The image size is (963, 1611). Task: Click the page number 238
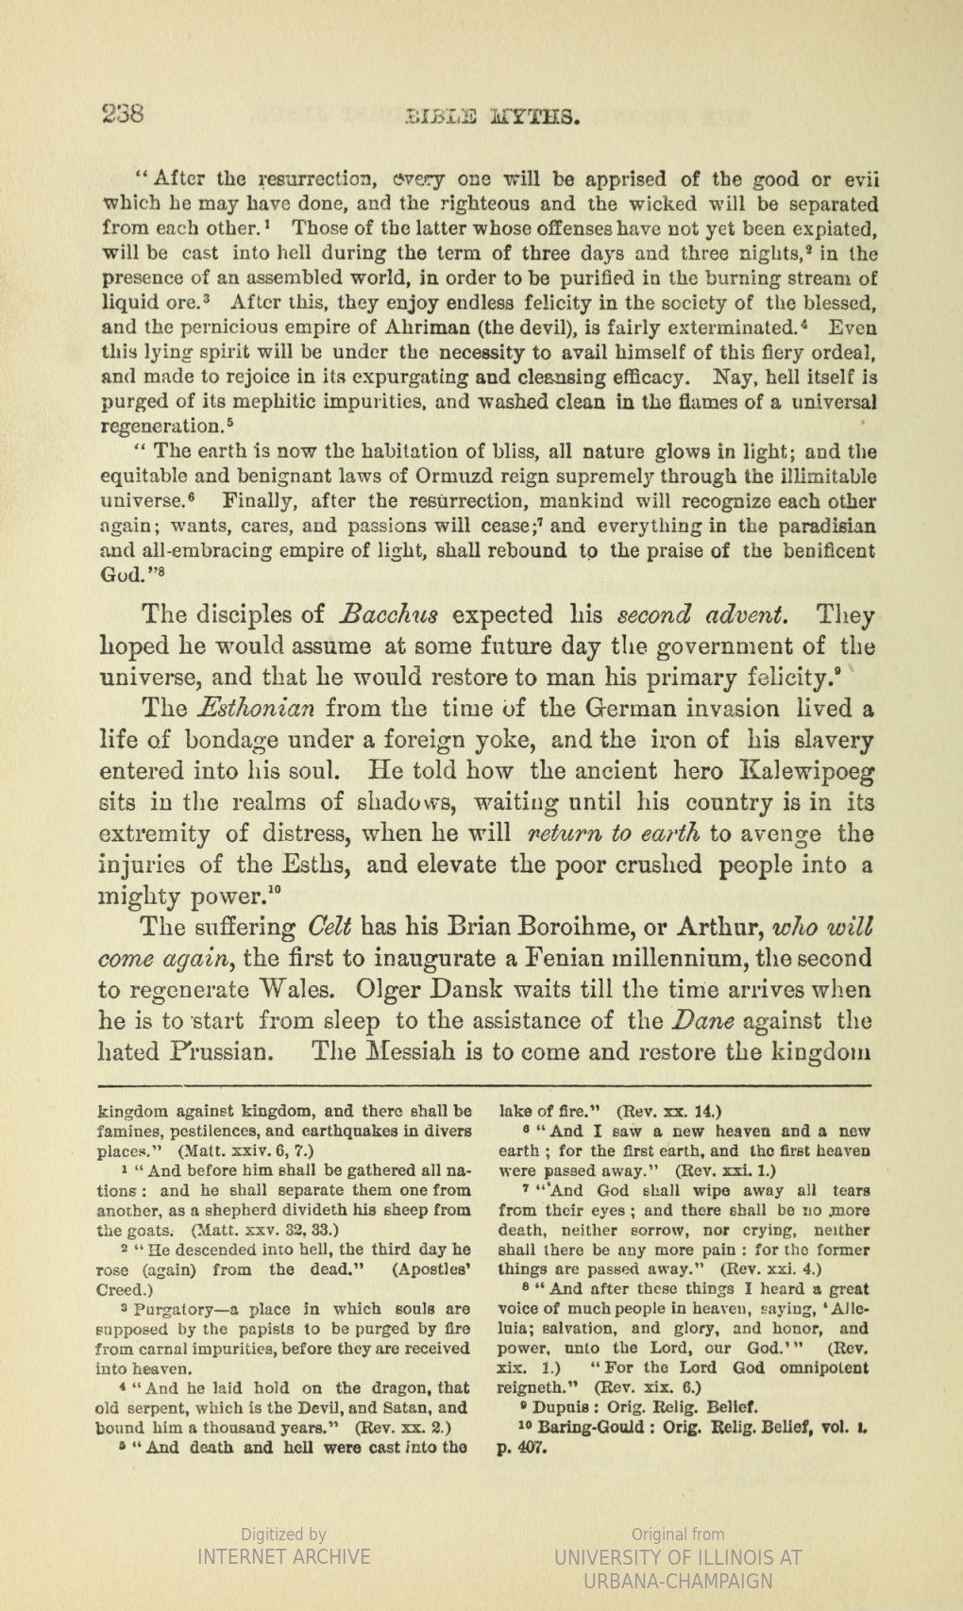[123, 115]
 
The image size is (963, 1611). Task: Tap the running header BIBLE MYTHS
[491, 117]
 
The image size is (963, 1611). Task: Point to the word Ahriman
[397, 328]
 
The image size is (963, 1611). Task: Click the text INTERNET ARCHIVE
[283, 1556]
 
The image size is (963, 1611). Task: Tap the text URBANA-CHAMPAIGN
[678, 1581]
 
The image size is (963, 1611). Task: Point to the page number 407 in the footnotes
[529, 1447]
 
